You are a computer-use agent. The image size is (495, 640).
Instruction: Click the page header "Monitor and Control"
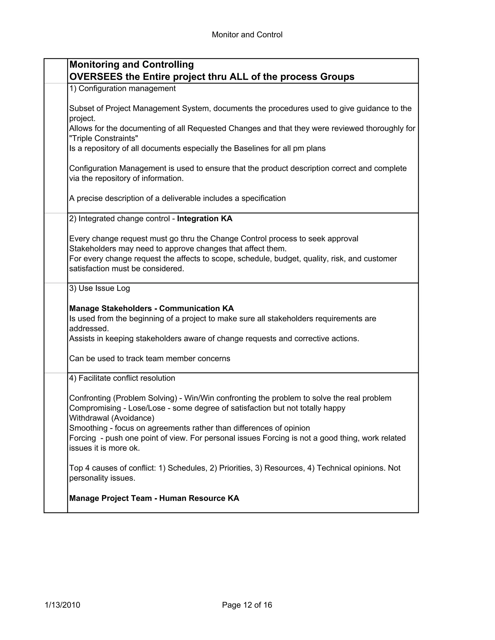click(247, 35)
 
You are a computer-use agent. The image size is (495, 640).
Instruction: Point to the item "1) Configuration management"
click(122, 88)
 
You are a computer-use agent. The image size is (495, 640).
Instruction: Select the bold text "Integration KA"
click(205, 219)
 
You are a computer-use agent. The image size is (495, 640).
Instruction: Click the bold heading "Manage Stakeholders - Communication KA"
click(151, 309)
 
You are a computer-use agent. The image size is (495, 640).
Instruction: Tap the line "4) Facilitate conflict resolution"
click(122, 378)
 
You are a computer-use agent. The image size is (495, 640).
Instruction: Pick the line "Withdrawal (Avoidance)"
click(112, 418)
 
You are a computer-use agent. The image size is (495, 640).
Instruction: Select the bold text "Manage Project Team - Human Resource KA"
click(154, 498)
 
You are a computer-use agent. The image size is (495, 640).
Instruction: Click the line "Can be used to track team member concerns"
click(150, 359)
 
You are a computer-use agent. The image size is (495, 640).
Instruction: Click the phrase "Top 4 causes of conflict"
click(112, 468)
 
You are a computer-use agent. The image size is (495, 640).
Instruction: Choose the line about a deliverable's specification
click(177, 198)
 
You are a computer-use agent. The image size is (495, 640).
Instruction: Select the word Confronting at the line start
click(90, 398)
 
